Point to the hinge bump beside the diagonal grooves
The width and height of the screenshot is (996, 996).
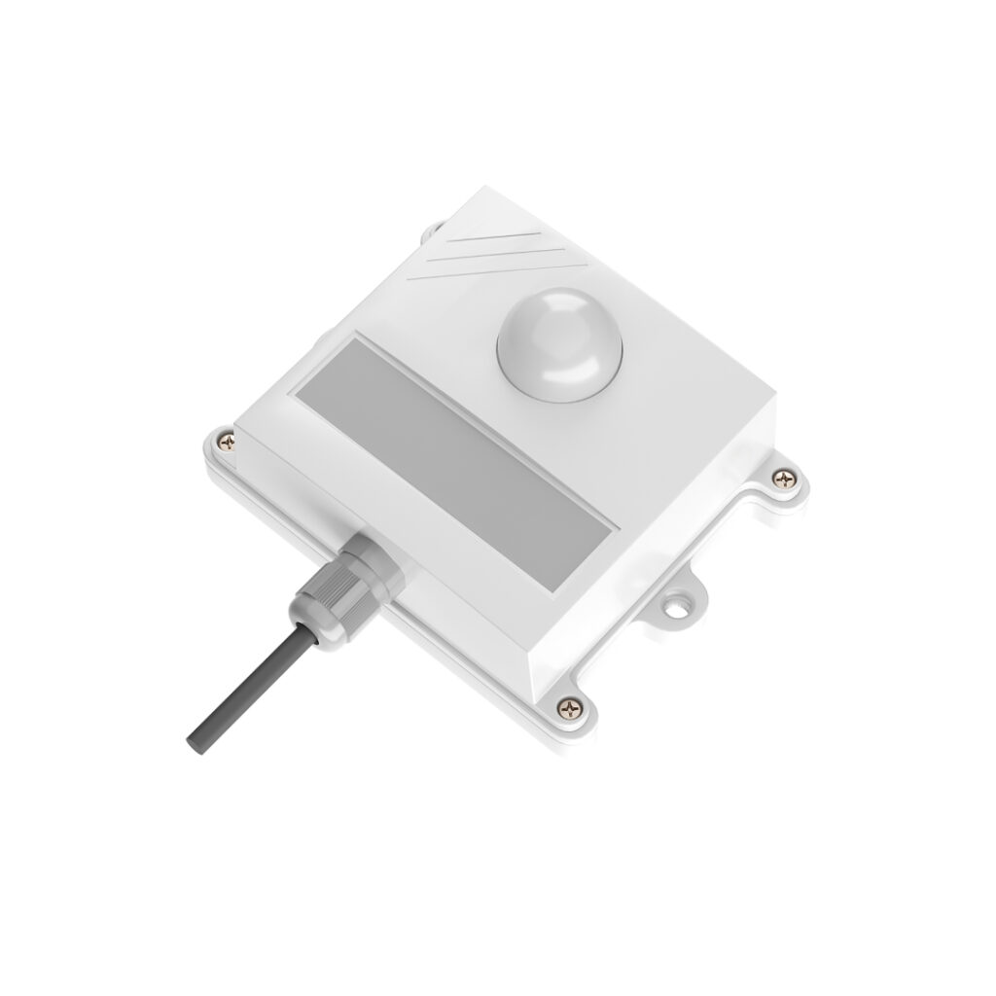pos(430,231)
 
